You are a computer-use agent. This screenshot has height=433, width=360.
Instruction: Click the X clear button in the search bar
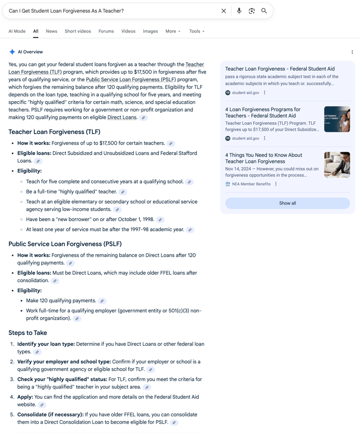[x=224, y=11]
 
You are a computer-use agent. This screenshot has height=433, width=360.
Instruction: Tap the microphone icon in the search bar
[x=239, y=11]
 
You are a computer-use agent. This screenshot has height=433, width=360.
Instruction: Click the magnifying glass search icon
[x=264, y=11]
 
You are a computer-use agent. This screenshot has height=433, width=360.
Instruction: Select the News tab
[x=51, y=31]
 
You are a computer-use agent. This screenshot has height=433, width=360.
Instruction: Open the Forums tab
[x=106, y=31]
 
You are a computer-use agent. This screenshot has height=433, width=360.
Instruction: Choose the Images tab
[x=150, y=31]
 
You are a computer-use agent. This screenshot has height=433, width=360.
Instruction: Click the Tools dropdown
[x=197, y=31]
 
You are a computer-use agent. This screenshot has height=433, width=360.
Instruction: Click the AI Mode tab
[x=17, y=31]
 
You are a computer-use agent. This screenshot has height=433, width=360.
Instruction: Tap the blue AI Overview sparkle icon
[x=12, y=52]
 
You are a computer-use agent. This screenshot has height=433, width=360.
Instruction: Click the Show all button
[x=287, y=203]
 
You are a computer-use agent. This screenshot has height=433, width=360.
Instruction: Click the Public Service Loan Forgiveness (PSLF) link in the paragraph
[x=130, y=79]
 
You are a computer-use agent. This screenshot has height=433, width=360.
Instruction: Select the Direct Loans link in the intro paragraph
[x=122, y=117]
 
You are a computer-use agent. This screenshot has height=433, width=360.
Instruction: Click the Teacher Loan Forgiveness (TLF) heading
[x=54, y=132]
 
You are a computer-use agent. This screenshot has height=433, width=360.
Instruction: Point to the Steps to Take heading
[x=28, y=333]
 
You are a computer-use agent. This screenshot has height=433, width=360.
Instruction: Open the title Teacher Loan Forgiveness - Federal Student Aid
[x=280, y=69]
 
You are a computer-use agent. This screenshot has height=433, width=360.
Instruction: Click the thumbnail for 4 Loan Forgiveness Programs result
[x=337, y=119]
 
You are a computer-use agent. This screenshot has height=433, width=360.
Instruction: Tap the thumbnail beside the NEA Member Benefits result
[x=337, y=165]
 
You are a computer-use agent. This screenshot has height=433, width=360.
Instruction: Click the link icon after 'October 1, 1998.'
[x=160, y=220]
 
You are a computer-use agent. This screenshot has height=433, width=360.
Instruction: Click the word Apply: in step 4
[x=25, y=397]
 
